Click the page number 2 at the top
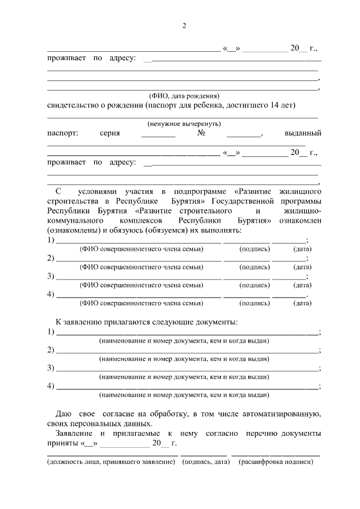click(x=183, y=26)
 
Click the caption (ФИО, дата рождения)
click(x=183, y=96)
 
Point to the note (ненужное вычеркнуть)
click(x=184, y=124)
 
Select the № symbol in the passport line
click(x=201, y=134)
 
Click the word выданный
click(x=303, y=134)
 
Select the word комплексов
click(x=141, y=221)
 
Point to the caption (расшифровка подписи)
click(x=276, y=462)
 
